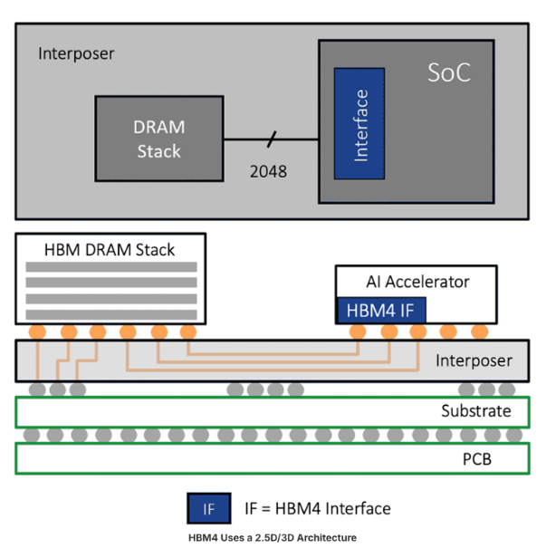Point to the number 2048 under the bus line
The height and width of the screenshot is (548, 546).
(269, 169)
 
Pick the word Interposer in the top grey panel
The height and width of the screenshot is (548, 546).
(76, 53)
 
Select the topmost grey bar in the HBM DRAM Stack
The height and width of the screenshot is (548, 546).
(111, 268)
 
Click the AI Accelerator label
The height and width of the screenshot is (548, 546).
(417, 282)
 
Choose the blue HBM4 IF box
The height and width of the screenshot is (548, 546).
(381, 311)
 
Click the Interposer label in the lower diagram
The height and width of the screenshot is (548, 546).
(474, 361)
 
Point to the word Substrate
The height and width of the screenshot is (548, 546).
(476, 412)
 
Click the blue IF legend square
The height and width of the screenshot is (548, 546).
(209, 509)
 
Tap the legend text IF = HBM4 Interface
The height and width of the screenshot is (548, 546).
(318, 509)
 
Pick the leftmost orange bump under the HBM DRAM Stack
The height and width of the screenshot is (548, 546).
(38, 332)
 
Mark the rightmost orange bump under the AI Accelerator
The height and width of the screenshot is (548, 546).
(479, 332)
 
